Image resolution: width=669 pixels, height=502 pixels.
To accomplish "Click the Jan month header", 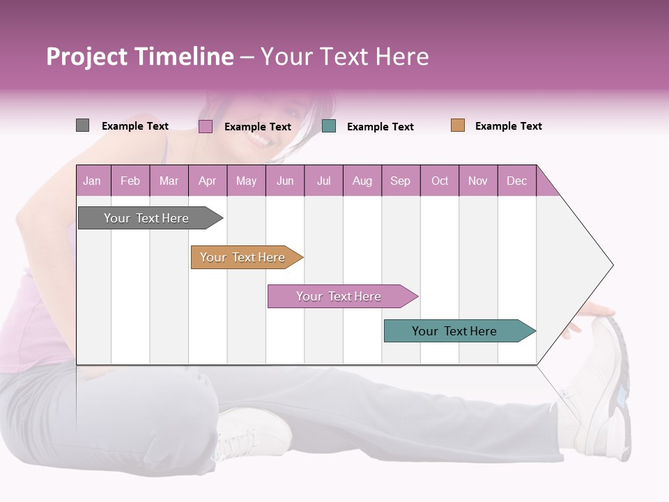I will [92, 181].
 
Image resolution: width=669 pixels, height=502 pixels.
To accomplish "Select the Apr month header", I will [207, 181].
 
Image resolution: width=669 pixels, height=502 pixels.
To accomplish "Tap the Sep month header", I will [400, 181].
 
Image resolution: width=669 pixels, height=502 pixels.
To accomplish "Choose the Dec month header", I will [516, 181].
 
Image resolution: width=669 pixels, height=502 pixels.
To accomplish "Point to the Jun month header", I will [284, 181].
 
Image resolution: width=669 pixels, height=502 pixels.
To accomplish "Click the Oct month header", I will [439, 181].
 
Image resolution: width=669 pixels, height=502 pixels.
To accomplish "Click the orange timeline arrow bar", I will [244, 257].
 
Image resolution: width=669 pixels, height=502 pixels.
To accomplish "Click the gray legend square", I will [82, 125].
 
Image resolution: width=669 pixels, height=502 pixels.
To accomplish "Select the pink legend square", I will [205, 126].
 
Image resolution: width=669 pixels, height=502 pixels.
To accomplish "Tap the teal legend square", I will [329, 126].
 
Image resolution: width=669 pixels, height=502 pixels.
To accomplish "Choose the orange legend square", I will [457, 125].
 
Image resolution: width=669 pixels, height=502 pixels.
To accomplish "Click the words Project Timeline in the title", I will [139, 56].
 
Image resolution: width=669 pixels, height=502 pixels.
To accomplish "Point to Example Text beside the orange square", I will [508, 126].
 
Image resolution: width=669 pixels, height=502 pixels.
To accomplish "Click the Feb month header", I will [130, 181].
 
